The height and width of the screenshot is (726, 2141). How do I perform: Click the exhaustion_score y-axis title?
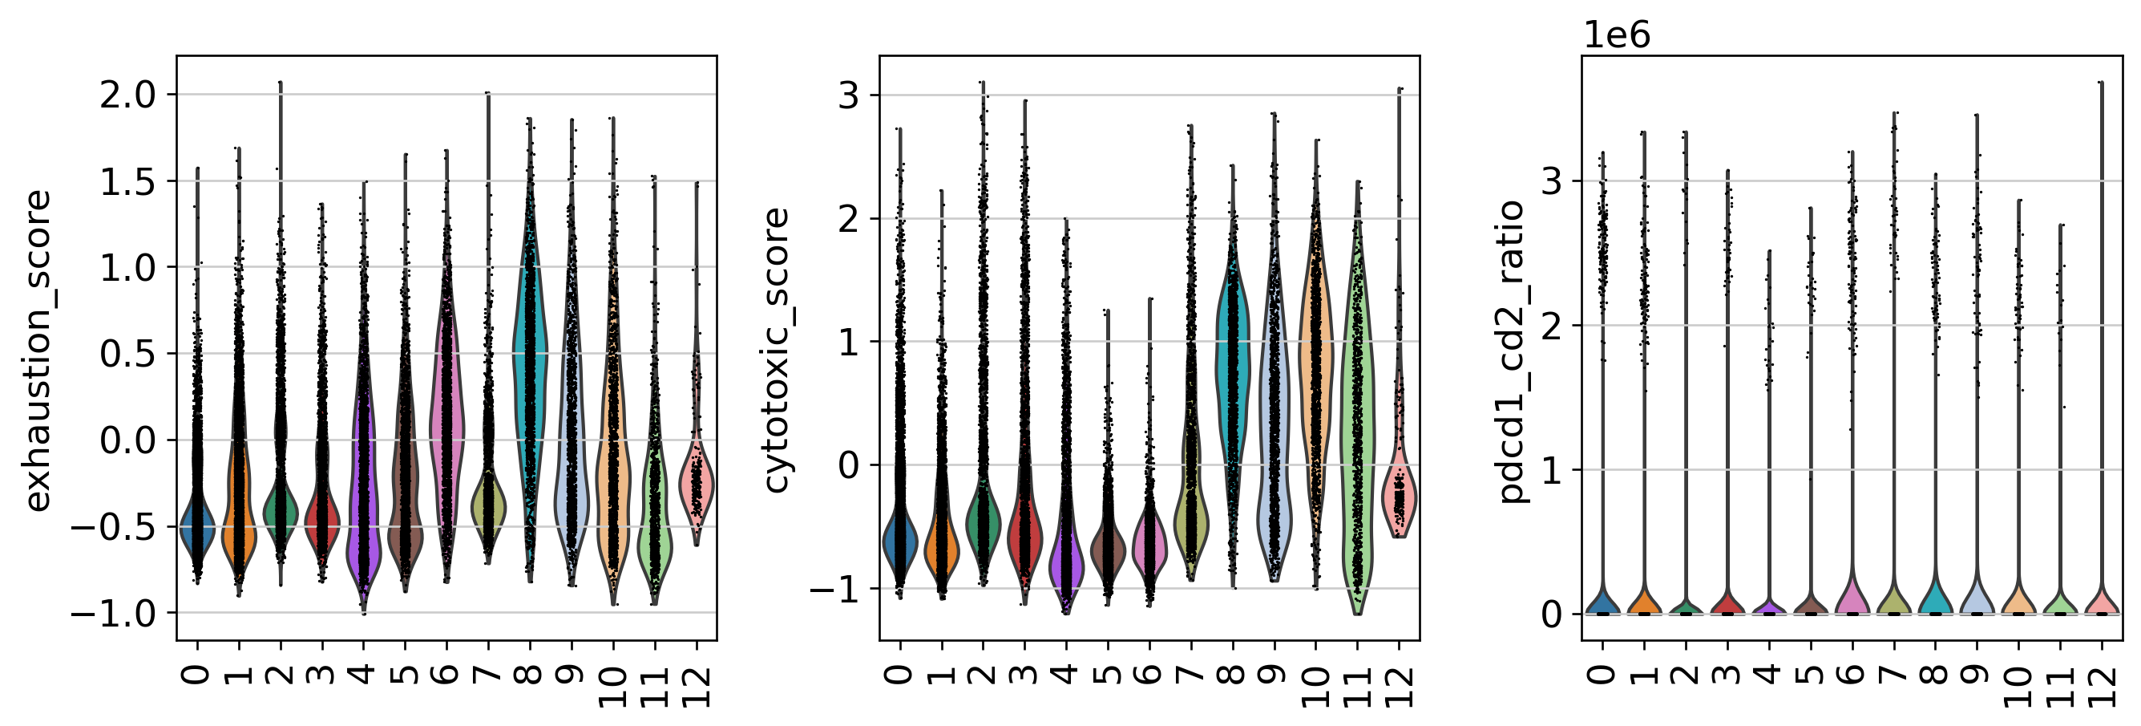[x=38, y=350]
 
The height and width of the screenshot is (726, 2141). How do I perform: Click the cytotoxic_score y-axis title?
[x=775, y=350]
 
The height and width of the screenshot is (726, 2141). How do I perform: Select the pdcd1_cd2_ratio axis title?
[x=1512, y=350]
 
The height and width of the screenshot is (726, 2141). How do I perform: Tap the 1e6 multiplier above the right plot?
[x=1617, y=36]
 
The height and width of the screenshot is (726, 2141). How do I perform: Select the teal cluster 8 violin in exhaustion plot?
[x=529, y=349]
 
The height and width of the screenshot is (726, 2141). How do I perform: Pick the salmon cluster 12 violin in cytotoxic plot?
[x=1400, y=499]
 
